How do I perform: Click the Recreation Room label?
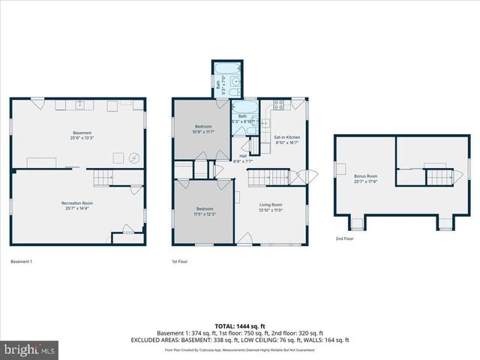76,205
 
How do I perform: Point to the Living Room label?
271,207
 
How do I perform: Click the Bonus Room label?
365,178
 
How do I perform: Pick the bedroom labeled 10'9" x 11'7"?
204,129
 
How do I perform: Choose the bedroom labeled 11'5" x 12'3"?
205,211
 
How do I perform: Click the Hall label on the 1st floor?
243,158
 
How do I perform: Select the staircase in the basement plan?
103,178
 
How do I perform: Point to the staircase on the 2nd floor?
440,177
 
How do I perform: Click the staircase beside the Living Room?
268,177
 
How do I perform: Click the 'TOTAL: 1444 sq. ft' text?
239,326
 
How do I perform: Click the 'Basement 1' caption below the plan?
22,262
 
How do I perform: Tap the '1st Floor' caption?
180,262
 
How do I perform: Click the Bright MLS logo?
30,349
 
